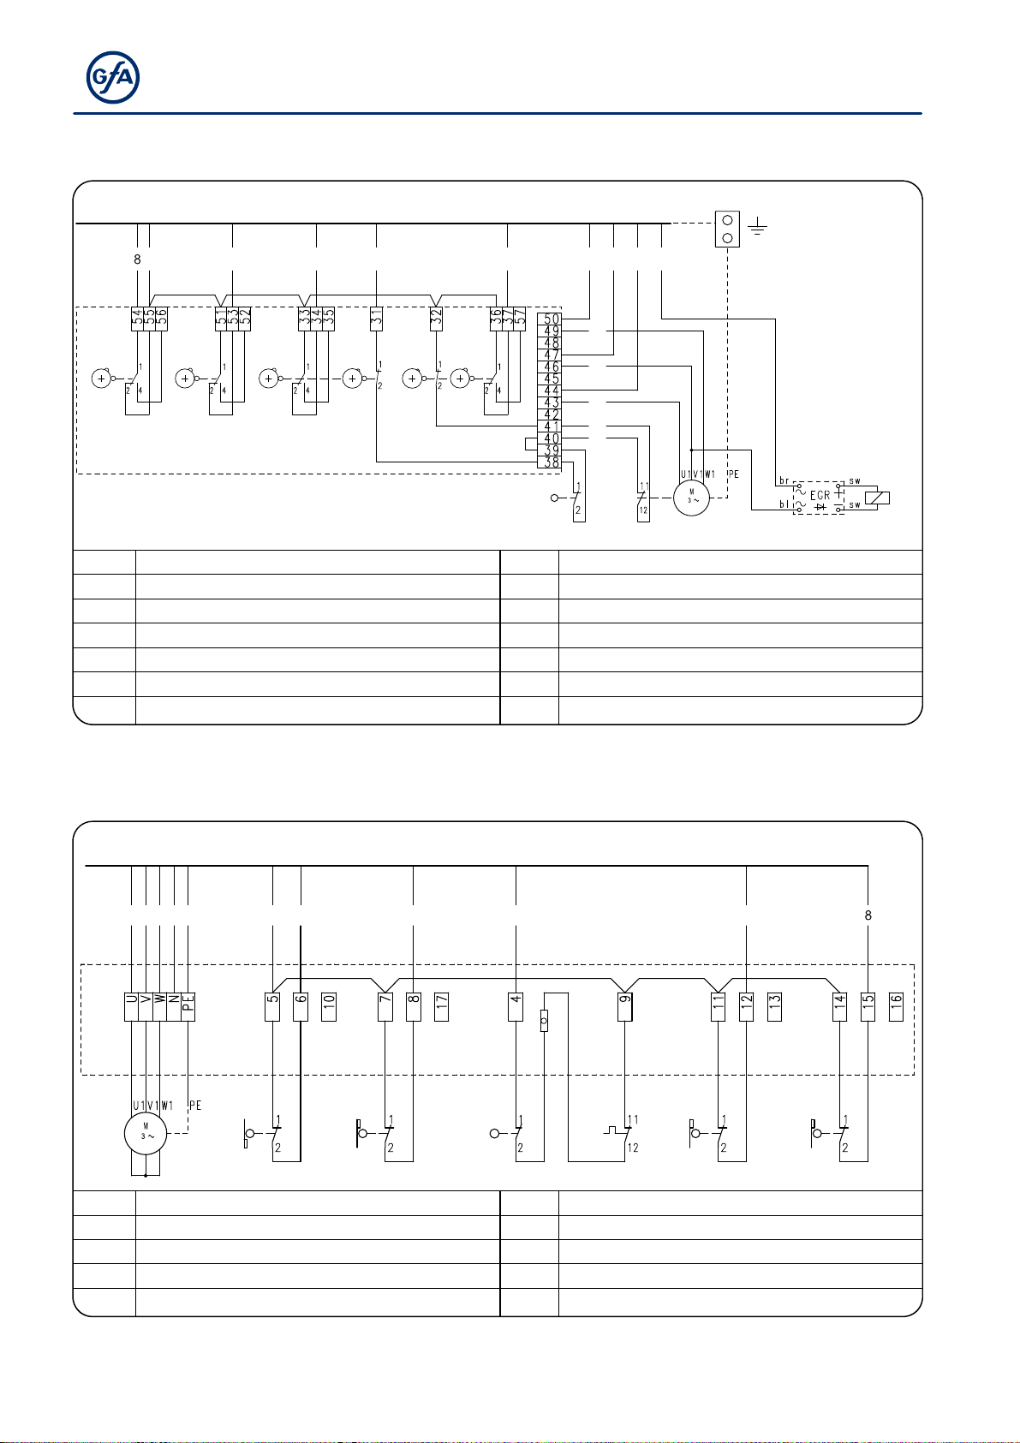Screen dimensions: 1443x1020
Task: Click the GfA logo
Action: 113,78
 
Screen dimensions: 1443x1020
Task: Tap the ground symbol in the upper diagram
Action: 757,226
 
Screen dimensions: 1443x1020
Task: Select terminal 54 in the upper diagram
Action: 137,319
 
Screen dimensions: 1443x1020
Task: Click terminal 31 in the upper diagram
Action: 377,319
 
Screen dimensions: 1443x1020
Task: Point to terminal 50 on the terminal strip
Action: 552,319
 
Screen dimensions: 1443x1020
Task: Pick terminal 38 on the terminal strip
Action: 552,462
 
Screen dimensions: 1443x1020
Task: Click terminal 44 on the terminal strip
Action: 552,391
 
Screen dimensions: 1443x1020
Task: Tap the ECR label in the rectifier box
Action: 820,495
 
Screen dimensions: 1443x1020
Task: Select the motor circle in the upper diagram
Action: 691,498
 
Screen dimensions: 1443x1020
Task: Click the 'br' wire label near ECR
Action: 784,481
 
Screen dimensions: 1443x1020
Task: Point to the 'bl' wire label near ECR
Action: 784,505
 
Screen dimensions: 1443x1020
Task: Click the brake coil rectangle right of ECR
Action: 878,498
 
